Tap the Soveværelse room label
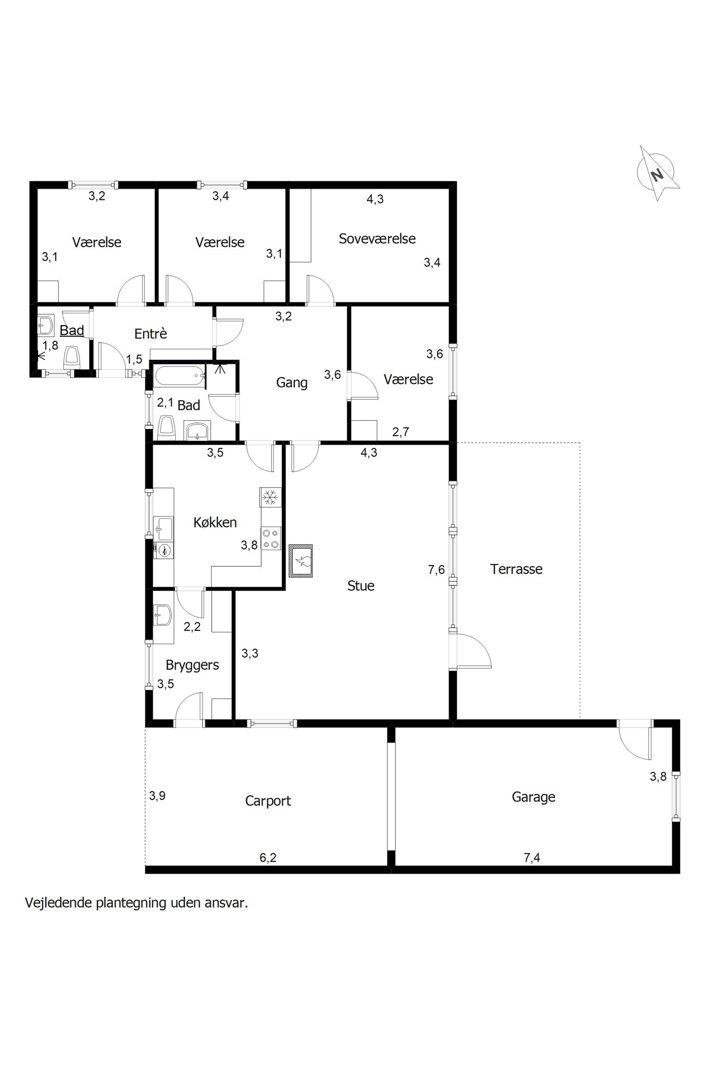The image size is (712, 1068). coord(377,238)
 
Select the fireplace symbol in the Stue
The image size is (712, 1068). coord(301,561)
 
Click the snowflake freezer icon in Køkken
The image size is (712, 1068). coord(270,497)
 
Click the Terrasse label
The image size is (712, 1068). coord(516,569)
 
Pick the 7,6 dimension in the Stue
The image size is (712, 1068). coord(436,569)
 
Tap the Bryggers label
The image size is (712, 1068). coord(192,665)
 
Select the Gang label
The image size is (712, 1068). coord(292,383)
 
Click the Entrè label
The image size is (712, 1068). coord(150,334)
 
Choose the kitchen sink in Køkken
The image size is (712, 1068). coord(163,529)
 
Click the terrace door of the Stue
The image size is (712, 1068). coord(471,651)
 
